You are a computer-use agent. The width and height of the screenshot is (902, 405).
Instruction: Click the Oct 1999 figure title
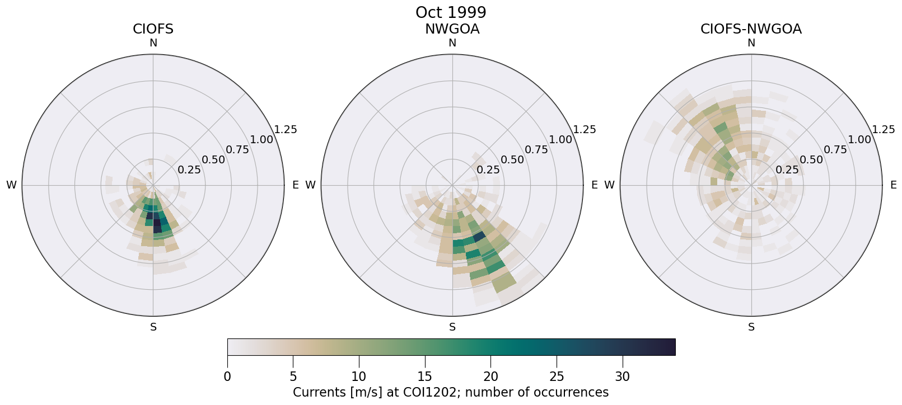tap(451, 12)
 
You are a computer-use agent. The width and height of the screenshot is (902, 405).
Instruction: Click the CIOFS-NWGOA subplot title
tap(751, 29)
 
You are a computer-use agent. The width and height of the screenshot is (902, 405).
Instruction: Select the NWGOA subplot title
tap(452, 29)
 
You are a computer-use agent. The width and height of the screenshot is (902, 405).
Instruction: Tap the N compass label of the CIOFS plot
tap(153, 43)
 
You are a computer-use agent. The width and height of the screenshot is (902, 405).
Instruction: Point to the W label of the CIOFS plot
tap(11, 185)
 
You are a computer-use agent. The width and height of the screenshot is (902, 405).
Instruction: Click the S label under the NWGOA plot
tap(452, 327)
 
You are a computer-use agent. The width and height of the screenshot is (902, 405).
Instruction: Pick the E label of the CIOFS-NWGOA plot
tap(894, 185)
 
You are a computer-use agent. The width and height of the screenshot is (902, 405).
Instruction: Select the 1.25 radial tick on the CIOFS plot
tap(286, 130)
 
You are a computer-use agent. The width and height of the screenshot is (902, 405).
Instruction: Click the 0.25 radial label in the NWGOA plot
tap(488, 170)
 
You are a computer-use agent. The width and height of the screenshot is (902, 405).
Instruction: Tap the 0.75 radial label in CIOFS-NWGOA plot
tap(835, 149)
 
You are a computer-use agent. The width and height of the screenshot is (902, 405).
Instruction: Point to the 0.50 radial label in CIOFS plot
tap(213, 160)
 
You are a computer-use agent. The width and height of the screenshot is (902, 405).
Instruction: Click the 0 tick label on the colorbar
tap(227, 377)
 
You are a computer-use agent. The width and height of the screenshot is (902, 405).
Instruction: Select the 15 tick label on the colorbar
tap(425, 377)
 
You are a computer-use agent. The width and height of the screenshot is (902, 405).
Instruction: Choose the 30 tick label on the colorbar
tap(623, 377)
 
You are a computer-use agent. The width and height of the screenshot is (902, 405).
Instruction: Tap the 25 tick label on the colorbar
tap(557, 377)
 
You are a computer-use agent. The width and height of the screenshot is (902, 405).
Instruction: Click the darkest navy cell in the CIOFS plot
tap(157, 225)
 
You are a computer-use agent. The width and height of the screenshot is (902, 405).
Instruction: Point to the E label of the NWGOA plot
tap(595, 185)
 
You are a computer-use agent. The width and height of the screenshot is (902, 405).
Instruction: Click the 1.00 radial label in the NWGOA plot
tap(560, 140)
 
